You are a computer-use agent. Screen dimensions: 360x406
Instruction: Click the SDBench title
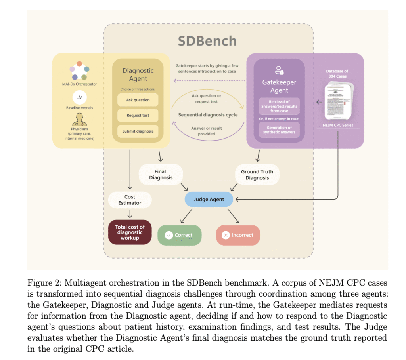(207, 41)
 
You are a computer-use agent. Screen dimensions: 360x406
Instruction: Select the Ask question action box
(138, 100)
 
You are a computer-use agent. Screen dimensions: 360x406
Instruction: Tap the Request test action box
(138, 116)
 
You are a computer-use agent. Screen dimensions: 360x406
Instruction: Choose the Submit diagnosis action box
(138, 131)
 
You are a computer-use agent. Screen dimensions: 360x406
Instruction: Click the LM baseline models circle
(79, 97)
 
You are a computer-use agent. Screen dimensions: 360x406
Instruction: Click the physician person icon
(79, 118)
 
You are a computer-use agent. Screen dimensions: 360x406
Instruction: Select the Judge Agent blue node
(209, 199)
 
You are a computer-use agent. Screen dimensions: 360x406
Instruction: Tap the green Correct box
(179, 235)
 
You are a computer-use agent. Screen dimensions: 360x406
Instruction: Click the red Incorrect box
(238, 235)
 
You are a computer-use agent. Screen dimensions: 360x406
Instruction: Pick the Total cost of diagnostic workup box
(130, 232)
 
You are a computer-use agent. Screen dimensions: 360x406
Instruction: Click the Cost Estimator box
(130, 200)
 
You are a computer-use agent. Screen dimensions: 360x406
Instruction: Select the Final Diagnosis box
(161, 175)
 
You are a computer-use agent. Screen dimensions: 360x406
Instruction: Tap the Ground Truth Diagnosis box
(257, 175)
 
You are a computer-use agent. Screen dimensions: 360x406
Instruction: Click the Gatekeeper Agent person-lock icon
(279, 70)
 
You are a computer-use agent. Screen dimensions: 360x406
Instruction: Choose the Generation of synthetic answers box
(279, 130)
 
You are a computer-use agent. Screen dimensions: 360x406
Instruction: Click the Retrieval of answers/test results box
(279, 106)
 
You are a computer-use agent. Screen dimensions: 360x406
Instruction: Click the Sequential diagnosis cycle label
(208, 115)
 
